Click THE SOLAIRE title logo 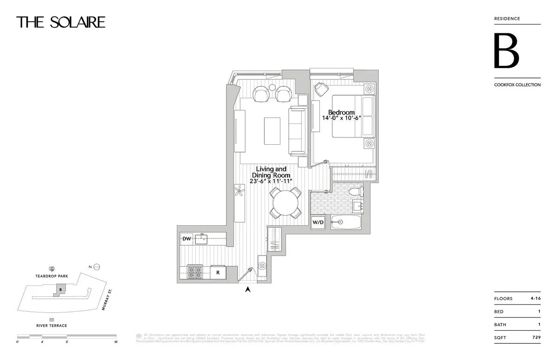tap(61, 22)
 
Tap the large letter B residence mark tap(506, 51)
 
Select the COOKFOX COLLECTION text tap(517, 85)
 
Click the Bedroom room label tap(341, 113)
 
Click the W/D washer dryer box tap(318, 222)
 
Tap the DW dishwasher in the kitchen tap(187, 239)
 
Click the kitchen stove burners tap(195, 271)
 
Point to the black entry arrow tap(248, 290)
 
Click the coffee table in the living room tap(272, 131)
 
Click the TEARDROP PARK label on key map tap(52, 276)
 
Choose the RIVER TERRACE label tap(52, 326)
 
